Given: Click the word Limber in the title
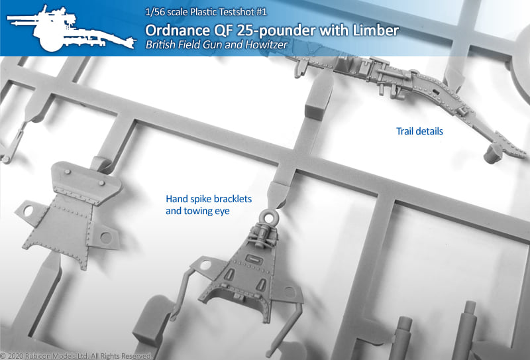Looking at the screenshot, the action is (376, 30).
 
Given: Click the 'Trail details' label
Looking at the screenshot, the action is (419, 131).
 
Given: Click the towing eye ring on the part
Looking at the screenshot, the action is (270, 217).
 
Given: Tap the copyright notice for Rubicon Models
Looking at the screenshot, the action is (76, 356).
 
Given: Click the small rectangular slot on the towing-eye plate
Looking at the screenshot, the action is (254, 260).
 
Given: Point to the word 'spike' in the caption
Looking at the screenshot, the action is (198, 200).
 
